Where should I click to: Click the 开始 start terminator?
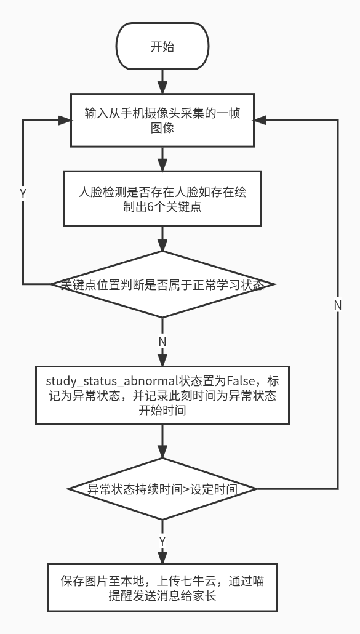click(x=162, y=46)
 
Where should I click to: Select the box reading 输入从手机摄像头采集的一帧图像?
click(x=162, y=120)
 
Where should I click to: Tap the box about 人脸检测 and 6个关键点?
click(x=162, y=199)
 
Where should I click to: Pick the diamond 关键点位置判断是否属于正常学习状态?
click(x=162, y=284)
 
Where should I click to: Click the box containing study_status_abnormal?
click(x=162, y=395)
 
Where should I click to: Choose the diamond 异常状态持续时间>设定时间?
click(x=162, y=489)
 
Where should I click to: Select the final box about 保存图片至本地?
click(x=162, y=587)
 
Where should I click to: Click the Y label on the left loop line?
click(x=23, y=194)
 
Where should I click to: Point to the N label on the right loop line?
click(x=338, y=306)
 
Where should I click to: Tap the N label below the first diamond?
click(x=162, y=342)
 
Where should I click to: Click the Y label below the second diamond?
click(x=162, y=542)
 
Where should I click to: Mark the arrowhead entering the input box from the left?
click(x=65, y=120)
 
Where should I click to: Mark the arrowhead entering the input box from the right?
click(x=260, y=120)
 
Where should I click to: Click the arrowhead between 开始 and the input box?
click(x=162, y=87)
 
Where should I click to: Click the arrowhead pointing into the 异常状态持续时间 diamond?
click(x=162, y=452)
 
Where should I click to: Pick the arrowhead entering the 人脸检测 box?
click(x=162, y=164)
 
